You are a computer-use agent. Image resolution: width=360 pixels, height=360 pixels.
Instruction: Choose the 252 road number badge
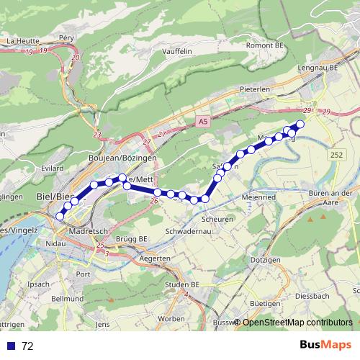[336, 155]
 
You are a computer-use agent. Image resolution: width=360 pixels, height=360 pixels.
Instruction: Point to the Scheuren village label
[217, 220]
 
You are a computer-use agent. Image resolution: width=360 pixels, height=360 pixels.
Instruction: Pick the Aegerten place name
[154, 258]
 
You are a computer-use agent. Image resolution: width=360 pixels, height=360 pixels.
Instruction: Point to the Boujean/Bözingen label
[117, 158]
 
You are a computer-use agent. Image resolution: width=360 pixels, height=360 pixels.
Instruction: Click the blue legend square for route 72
[10, 346]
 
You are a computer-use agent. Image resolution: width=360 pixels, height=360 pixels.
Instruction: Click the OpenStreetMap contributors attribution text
[297, 323]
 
